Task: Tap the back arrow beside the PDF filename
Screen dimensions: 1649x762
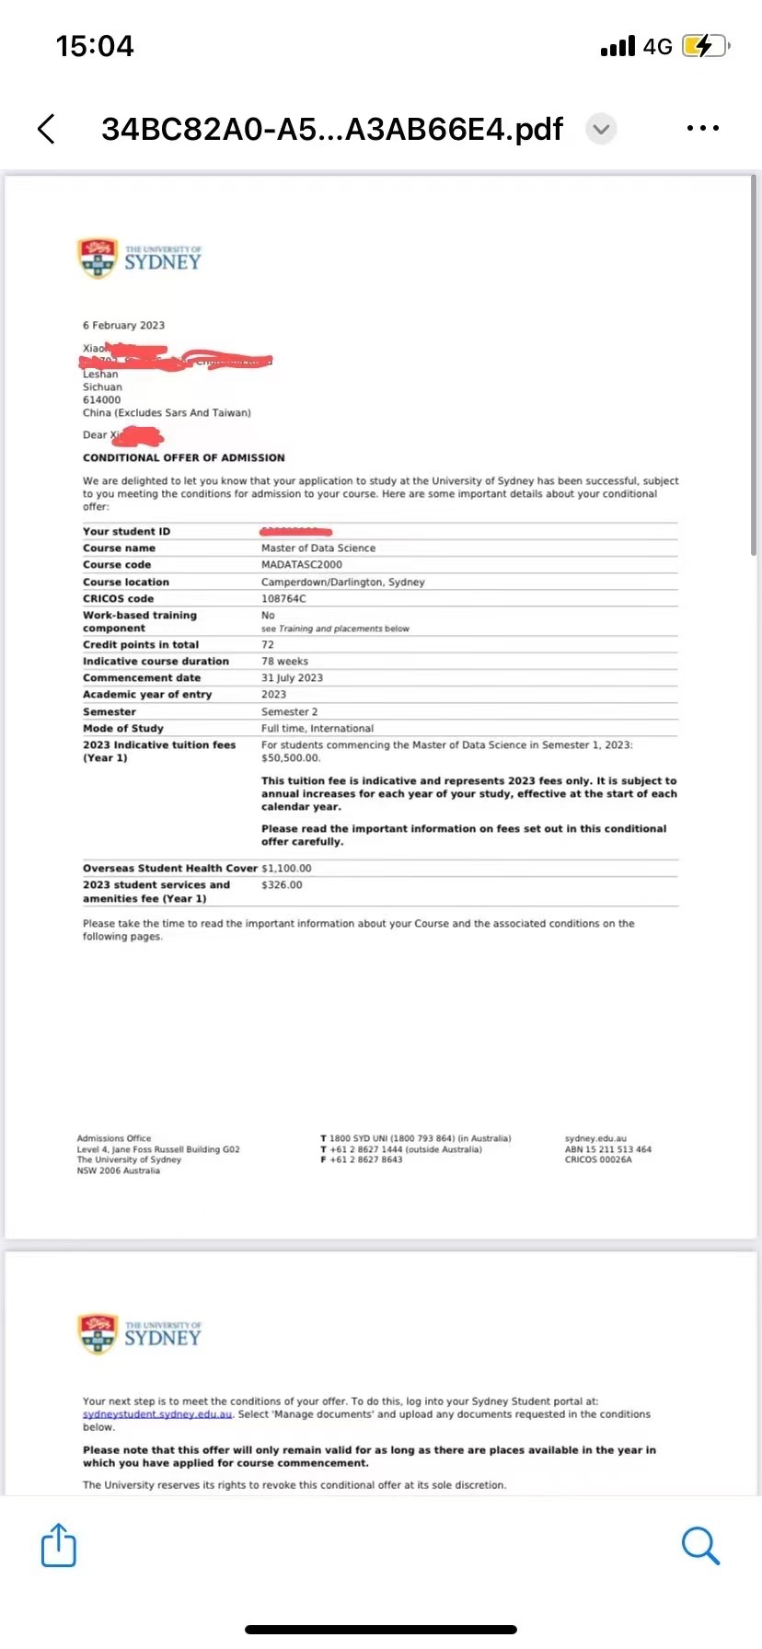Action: [x=47, y=129]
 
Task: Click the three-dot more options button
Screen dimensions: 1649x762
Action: [x=703, y=129]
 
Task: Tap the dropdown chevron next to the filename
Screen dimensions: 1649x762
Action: [x=601, y=129]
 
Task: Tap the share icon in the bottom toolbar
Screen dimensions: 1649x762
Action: [x=59, y=1545]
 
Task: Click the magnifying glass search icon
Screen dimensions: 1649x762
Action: [x=700, y=1545]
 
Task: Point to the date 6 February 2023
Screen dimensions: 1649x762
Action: [x=123, y=325]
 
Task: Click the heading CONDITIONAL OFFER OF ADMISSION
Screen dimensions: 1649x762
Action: [x=183, y=457]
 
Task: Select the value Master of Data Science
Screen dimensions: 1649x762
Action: [x=318, y=548]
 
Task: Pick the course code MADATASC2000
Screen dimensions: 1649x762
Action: [x=302, y=564]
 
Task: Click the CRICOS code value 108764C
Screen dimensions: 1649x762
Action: [x=283, y=598]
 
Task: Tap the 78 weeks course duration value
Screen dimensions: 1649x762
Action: [x=284, y=661]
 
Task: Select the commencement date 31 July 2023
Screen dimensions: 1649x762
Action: [x=292, y=677]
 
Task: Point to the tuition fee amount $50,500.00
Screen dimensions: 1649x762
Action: [x=291, y=758]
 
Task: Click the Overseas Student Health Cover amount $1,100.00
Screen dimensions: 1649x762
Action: [x=286, y=868]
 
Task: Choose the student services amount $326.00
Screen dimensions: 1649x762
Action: [x=282, y=884]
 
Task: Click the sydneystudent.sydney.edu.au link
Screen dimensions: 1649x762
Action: [x=157, y=1414]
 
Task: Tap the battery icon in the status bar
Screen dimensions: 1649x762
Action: [x=705, y=46]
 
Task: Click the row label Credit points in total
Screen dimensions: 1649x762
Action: [x=141, y=644]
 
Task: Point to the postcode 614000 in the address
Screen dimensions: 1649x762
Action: [x=101, y=399]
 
